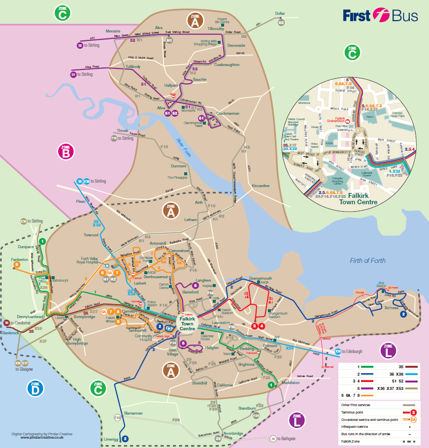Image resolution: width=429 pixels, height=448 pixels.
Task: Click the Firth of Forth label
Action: tap(368, 260)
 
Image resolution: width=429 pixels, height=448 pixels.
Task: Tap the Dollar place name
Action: tap(280, 14)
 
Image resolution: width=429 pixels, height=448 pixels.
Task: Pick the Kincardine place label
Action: tap(260, 186)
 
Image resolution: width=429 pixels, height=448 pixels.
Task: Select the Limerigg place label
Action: tap(111, 438)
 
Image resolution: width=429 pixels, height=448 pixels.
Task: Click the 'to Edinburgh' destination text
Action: tap(352, 352)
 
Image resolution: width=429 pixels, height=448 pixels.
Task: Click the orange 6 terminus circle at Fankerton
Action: tap(17, 264)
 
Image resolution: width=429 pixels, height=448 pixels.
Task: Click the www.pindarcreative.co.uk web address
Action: tap(42, 437)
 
